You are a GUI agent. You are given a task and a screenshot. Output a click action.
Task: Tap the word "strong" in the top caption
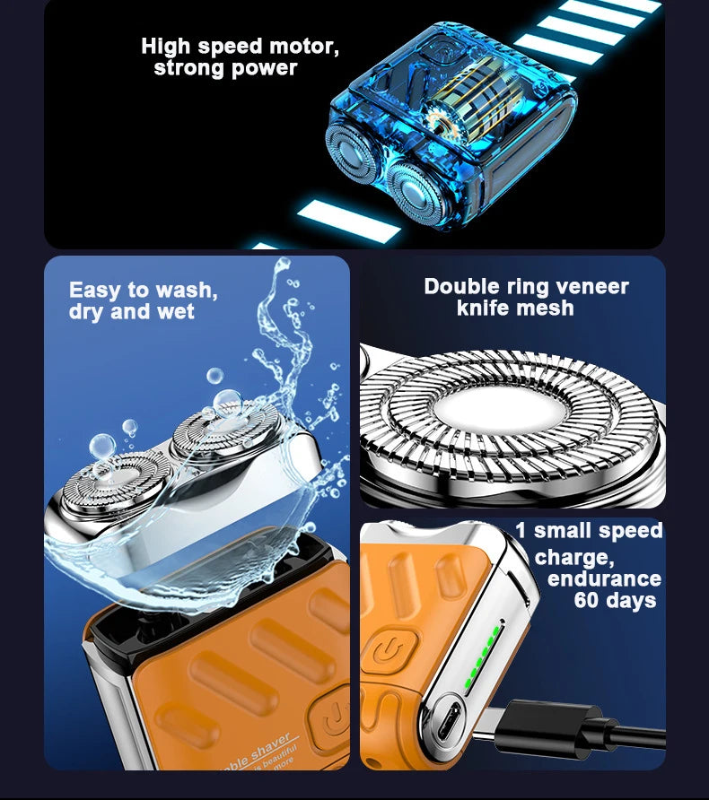[x=188, y=68]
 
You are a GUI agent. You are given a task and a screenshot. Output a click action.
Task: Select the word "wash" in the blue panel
[x=185, y=291]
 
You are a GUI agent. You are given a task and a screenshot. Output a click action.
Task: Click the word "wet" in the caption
[x=175, y=312]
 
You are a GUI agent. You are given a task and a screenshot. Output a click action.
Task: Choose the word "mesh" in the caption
[x=549, y=309]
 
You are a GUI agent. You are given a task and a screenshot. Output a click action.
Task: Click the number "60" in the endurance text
[x=590, y=600]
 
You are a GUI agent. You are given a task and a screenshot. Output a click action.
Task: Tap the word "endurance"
[x=604, y=578]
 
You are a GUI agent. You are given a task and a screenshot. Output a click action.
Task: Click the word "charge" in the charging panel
[x=571, y=557]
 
